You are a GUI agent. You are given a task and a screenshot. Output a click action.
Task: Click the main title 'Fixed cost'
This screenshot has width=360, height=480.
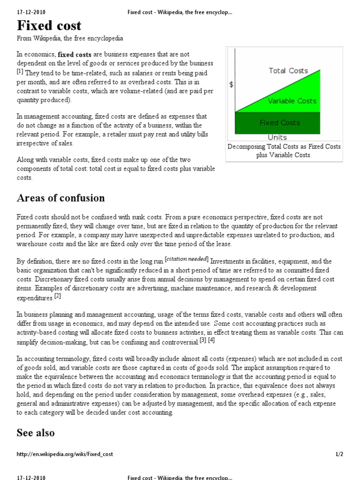pos(49,25)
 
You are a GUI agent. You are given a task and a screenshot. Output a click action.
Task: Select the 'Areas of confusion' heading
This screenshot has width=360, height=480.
pos(61,198)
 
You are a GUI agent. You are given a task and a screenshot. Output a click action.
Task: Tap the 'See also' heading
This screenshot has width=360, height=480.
pos(36,432)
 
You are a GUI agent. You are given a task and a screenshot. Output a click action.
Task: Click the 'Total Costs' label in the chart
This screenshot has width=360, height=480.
pos(288,71)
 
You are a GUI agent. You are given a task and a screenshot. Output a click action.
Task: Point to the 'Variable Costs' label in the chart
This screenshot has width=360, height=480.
pos(292,101)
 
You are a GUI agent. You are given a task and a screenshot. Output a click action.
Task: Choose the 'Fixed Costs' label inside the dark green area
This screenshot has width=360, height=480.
pos(280,123)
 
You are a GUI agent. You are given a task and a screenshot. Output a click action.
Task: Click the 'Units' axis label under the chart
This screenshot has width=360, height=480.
pos(277,137)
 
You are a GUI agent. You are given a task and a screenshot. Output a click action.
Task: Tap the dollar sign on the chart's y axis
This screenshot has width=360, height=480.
pos(231,85)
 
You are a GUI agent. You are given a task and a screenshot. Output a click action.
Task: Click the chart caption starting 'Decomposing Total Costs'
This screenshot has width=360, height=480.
pos(284,150)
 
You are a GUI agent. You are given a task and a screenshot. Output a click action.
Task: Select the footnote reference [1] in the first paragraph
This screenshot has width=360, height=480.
pos(20,71)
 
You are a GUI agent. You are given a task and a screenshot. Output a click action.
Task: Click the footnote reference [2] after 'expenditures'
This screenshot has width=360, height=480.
pos(57,296)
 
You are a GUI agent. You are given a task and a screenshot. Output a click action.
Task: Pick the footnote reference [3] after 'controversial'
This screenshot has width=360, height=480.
pos(203,340)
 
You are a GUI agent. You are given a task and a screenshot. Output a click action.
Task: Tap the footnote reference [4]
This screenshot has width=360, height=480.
pos(211,340)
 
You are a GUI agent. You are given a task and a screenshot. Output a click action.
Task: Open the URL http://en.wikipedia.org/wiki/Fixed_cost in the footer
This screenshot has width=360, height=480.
pos(65,454)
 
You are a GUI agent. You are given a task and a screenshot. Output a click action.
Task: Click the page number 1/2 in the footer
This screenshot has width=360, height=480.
pos(339,454)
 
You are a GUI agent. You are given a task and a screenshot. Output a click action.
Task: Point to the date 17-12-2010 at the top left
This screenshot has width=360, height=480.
pos(31,12)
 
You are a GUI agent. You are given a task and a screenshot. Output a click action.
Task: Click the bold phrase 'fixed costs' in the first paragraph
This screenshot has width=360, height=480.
pos(75,55)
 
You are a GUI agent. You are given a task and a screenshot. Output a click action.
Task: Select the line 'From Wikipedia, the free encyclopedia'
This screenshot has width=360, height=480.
pos(70,38)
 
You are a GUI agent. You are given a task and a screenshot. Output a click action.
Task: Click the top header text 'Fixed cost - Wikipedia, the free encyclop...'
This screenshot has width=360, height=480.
pos(180,12)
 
